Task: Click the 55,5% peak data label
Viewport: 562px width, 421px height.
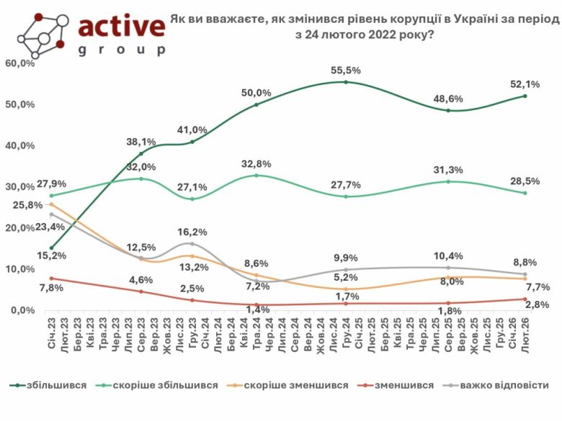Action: click(346, 71)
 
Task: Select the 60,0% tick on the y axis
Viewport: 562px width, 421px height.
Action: click(19, 63)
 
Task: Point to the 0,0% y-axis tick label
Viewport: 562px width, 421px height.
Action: click(22, 310)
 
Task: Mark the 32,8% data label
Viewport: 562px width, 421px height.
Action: click(257, 163)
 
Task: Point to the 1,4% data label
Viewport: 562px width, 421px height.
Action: click(257, 309)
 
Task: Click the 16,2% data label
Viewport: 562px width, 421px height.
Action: click(192, 232)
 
